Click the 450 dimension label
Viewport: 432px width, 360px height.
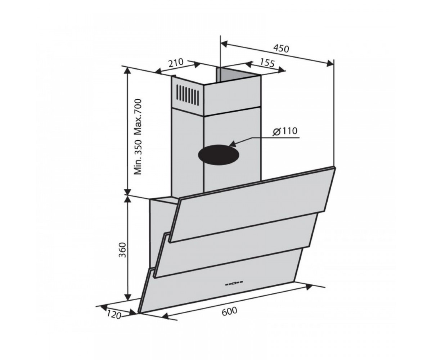(x=281, y=49)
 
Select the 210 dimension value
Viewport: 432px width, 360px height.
(x=176, y=63)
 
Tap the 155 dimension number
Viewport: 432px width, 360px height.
(x=267, y=63)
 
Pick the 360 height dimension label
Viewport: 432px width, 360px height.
(x=122, y=250)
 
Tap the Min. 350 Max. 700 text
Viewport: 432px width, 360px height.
(x=138, y=137)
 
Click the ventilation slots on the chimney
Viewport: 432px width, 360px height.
(x=188, y=95)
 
